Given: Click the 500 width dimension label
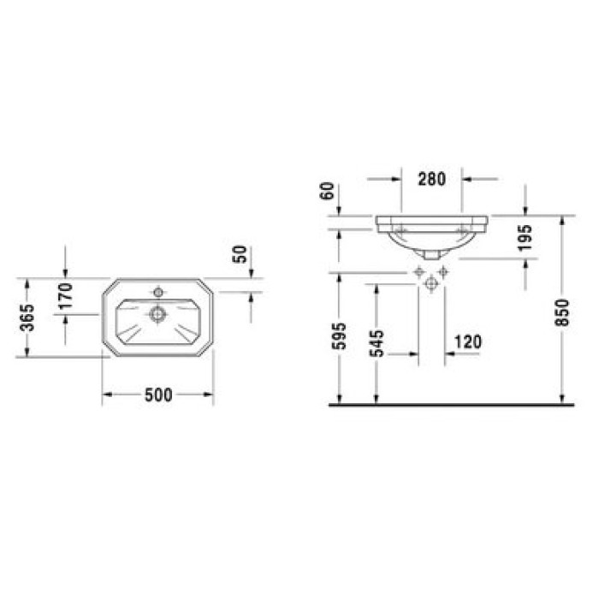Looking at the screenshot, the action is tap(158, 394).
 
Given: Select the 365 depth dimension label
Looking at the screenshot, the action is tap(27, 317).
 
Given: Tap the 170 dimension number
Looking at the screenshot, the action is tap(66, 296).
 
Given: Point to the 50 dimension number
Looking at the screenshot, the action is tap(240, 254).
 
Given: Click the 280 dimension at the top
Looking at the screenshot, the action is tap(431, 179).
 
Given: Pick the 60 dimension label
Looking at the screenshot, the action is tap(328, 191).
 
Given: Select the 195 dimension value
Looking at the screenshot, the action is tap(525, 238).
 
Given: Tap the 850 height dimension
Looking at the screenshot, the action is tap(562, 312).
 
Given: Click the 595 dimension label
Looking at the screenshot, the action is tap(339, 336).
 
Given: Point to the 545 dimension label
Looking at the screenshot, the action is tap(377, 343).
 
